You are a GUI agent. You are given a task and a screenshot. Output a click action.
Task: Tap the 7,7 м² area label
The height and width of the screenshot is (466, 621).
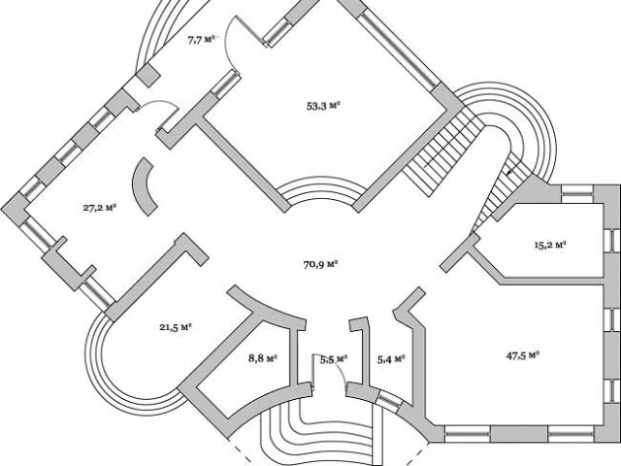[202, 40]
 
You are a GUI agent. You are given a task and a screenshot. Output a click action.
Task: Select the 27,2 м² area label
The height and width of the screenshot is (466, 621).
[100, 207]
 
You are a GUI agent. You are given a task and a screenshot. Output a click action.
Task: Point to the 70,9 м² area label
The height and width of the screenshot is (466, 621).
[319, 262]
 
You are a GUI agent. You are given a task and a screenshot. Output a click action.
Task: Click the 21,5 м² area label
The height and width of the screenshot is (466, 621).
[174, 327]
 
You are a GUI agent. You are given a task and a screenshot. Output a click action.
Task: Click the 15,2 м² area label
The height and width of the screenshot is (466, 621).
[549, 245]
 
